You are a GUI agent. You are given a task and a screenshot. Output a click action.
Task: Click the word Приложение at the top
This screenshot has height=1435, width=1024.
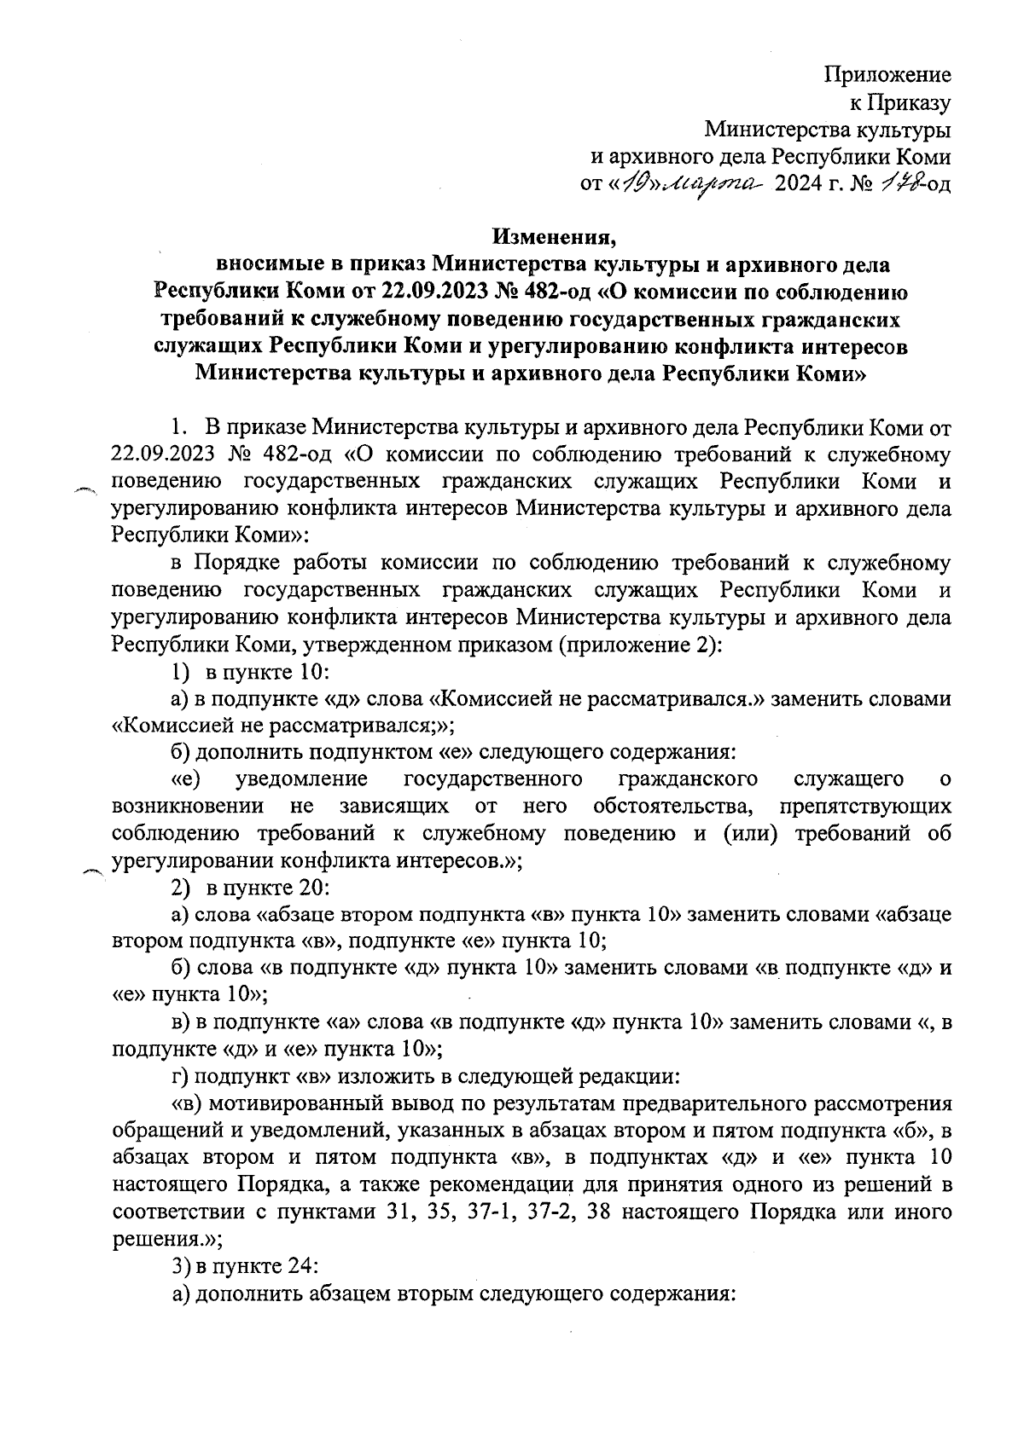887,75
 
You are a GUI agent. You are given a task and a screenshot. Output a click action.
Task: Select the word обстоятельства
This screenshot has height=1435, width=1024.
672,807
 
